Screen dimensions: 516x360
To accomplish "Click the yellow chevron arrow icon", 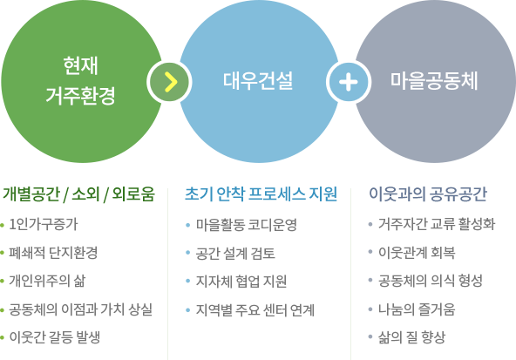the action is [171, 82].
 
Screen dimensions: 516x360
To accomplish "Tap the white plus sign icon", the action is [349, 82].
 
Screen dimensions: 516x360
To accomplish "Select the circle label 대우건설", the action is [258, 81].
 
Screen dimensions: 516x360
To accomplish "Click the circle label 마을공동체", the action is [434, 81].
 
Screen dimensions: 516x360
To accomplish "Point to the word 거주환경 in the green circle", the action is [80, 96].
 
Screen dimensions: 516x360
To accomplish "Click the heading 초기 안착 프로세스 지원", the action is [261, 194].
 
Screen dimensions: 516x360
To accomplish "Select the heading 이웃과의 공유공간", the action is [428, 194].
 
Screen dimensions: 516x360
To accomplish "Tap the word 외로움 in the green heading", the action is [133, 194].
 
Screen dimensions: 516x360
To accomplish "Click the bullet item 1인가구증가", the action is [44, 224].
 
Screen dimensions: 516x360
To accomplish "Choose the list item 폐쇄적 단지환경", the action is [53, 253].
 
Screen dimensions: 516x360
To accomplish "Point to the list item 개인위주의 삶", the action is [47, 281].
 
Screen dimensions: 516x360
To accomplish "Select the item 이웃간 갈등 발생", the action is [55, 337].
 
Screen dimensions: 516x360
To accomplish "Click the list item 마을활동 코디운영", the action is [247, 225].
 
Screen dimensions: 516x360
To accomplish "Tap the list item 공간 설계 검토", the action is [235, 254].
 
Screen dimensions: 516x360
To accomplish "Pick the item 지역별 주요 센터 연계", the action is [255, 310].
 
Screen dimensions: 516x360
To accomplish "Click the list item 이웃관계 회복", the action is [417, 253].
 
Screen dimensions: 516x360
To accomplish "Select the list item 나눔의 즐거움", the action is [417, 309].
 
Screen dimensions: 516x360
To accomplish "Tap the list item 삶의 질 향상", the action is [411, 337].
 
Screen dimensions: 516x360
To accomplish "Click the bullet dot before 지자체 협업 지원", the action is [188, 282].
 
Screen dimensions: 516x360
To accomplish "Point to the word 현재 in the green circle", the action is [80, 65].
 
